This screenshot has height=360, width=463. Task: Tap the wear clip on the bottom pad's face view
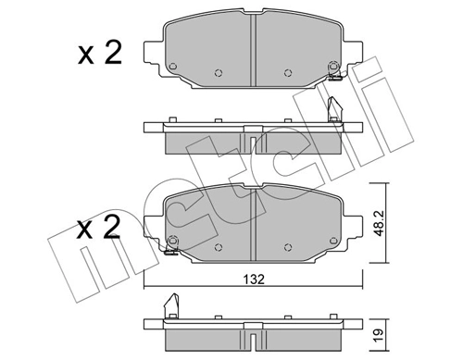click(x=170, y=242)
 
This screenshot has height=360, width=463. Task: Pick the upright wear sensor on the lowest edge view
click(x=169, y=304)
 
